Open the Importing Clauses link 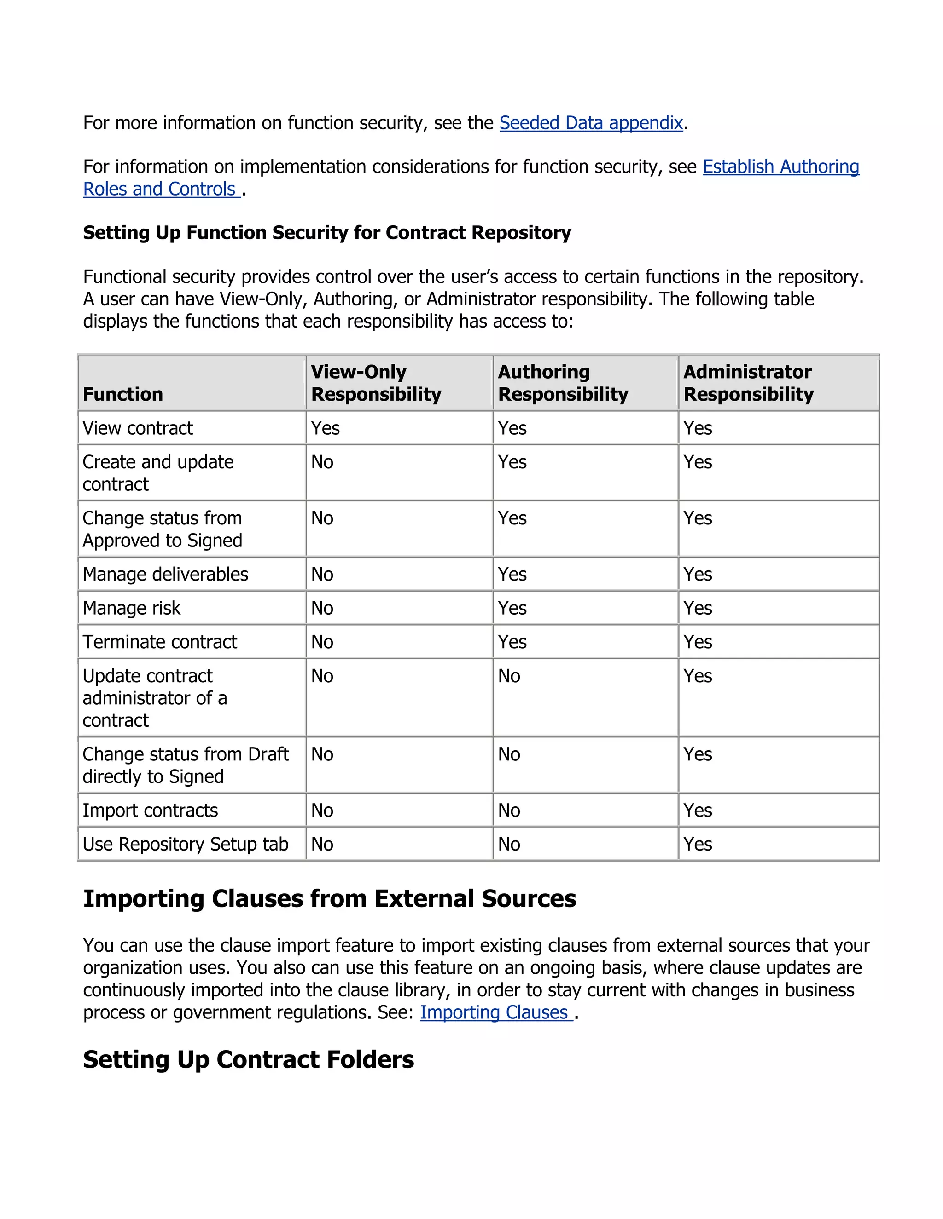click(495, 1012)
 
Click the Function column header click(123, 394)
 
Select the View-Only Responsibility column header click(376, 383)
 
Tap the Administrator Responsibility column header click(748, 383)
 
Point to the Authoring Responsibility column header click(563, 383)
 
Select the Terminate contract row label click(160, 642)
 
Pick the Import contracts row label click(150, 811)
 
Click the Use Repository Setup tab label click(186, 844)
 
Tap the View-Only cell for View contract click(326, 428)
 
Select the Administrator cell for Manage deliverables click(698, 575)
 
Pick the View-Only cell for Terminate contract click(322, 642)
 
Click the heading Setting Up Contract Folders click(249, 1059)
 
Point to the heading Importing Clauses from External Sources click(330, 899)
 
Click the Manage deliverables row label click(165, 575)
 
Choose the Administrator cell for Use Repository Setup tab click(698, 844)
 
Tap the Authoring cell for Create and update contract click(512, 462)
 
